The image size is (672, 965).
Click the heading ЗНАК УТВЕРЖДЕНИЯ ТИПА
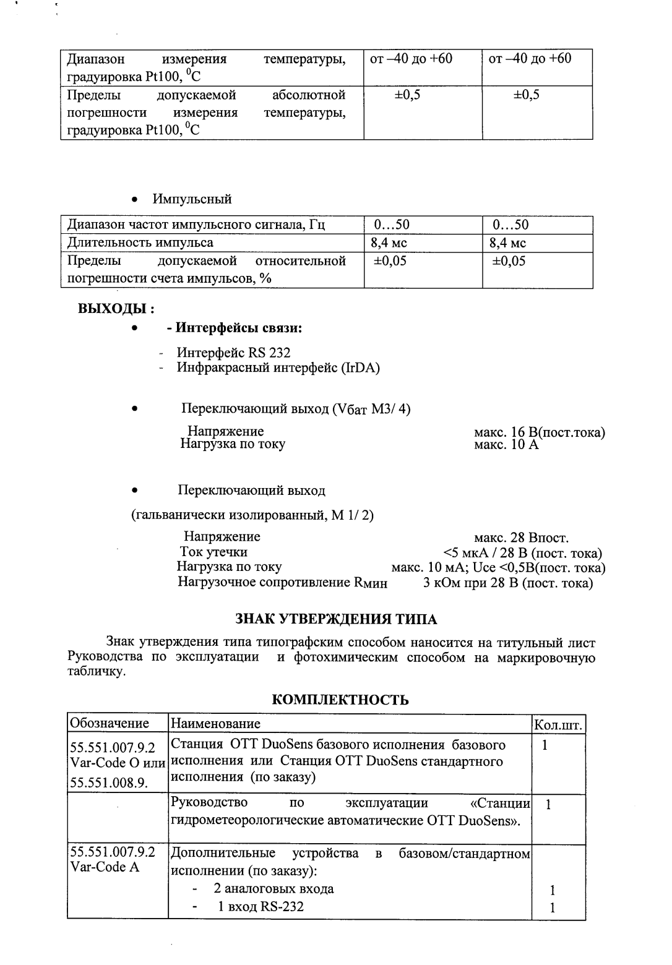(336, 619)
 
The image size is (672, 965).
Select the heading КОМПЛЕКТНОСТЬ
(340, 700)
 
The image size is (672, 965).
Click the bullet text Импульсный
(192, 199)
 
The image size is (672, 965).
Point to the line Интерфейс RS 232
(233, 353)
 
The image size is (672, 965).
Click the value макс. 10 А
(506, 445)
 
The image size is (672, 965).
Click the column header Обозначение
(110, 723)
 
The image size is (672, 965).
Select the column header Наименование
(215, 723)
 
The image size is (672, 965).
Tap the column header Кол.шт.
(559, 724)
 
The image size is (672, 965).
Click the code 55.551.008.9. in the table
(109, 783)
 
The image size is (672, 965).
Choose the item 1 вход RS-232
(260, 907)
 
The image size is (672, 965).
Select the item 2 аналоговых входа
(274, 889)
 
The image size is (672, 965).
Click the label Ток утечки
(213, 552)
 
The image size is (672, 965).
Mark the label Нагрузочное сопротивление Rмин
(283, 582)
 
